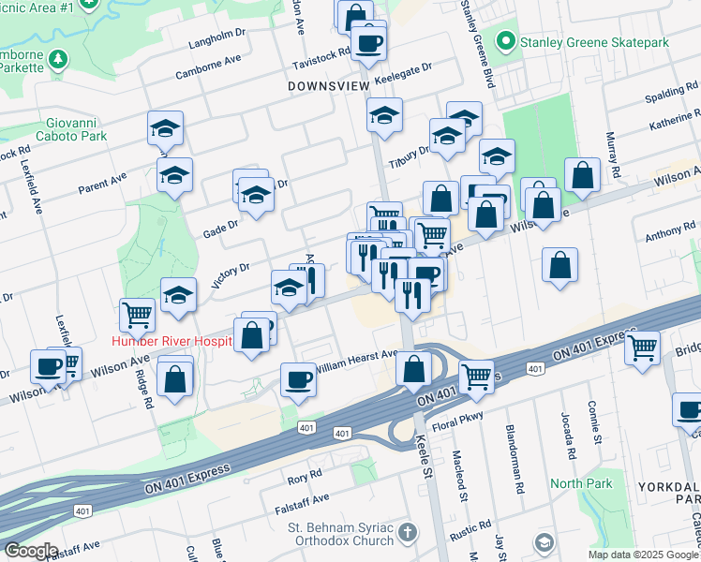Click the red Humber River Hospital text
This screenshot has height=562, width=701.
point(172,341)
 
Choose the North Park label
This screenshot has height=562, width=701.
point(581,483)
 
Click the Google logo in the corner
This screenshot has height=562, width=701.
point(31,551)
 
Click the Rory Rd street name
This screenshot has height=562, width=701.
point(305,478)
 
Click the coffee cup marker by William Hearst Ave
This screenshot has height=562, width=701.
point(299,379)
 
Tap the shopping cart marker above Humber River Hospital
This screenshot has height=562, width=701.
point(138,315)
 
